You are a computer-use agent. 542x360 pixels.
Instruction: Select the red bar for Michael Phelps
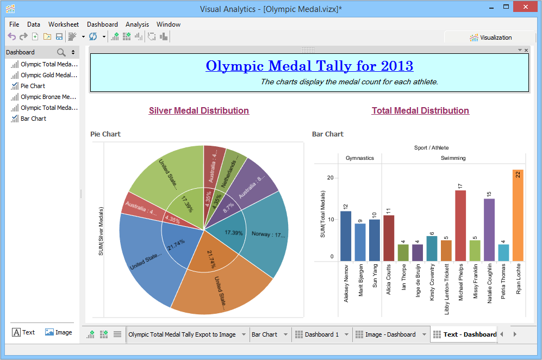pyautogui.click(x=460, y=226)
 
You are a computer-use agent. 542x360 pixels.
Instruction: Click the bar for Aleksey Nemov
pyautogui.click(x=346, y=236)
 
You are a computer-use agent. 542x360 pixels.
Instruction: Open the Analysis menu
pyautogui.click(x=137, y=24)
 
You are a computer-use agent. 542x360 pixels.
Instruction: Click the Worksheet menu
pyautogui.click(x=64, y=24)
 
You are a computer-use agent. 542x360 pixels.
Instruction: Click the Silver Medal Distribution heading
pyautogui.click(x=199, y=110)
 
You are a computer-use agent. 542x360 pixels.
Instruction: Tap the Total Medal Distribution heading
pyautogui.click(x=420, y=110)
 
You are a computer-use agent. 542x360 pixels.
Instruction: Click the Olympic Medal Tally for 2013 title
pyautogui.click(x=309, y=66)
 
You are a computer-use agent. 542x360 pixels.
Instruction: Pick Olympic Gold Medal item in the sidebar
pyautogui.click(x=48, y=75)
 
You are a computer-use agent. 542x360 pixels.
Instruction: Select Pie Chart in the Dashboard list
pyautogui.click(x=33, y=86)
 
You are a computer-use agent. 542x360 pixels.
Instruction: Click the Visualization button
pyautogui.click(x=491, y=38)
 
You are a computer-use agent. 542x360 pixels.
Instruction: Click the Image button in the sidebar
pyautogui.click(x=58, y=332)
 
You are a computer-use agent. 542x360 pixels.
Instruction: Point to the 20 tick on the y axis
pyautogui.click(x=330, y=177)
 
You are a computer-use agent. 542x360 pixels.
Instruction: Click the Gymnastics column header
pyautogui.click(x=360, y=158)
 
